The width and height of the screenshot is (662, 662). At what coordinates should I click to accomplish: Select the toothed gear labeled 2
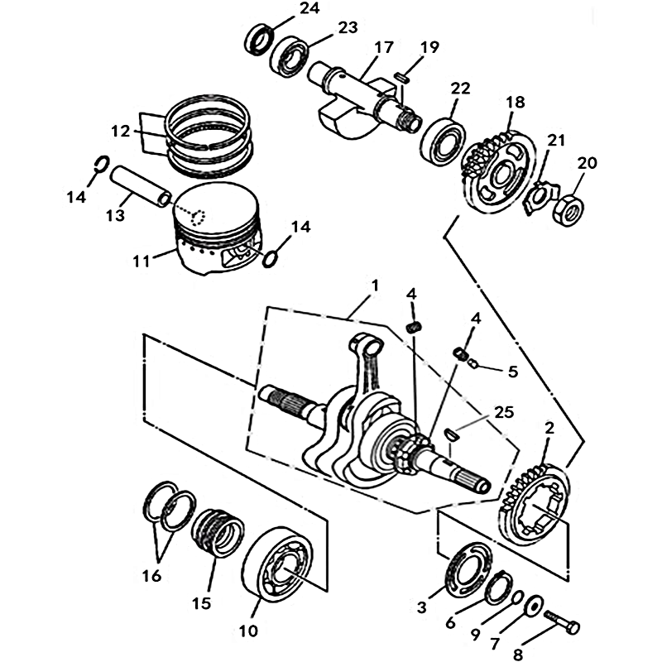[x=533, y=509]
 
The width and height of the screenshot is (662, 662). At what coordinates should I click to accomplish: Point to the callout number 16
[x=151, y=576]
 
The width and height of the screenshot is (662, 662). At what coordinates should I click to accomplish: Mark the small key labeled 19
[x=401, y=76]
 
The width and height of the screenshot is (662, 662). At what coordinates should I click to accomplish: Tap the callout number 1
[x=375, y=285]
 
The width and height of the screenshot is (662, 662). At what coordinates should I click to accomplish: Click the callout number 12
[x=121, y=131]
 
